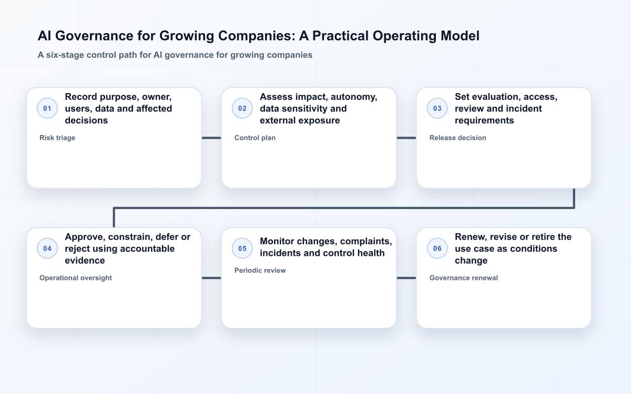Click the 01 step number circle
click(x=47, y=108)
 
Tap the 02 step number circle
click(x=242, y=108)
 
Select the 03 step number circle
click(x=437, y=108)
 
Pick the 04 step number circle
click(x=47, y=248)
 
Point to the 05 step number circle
click(x=242, y=248)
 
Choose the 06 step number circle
click(x=437, y=248)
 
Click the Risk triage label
click(x=57, y=138)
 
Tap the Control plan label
click(x=255, y=138)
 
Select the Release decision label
click(x=458, y=138)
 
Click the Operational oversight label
click(x=76, y=278)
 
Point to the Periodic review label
click(x=260, y=271)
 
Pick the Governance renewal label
click(x=463, y=278)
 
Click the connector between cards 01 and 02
click(x=211, y=138)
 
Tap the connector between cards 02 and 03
click(x=406, y=138)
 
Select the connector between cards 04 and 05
click(x=211, y=278)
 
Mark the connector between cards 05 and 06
click(x=406, y=278)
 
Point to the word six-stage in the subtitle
click(x=65, y=55)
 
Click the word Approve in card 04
click(x=85, y=237)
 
